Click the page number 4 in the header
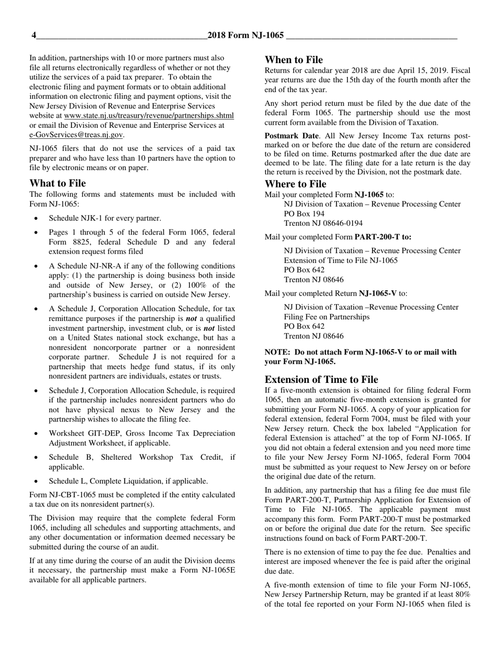[x=34, y=36]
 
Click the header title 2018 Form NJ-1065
[x=245, y=36]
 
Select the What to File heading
[x=57, y=183]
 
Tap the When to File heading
[x=294, y=60]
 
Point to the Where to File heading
[x=295, y=184]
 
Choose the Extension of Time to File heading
[x=321, y=379]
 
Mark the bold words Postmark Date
[x=291, y=136]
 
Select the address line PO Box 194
[x=304, y=214]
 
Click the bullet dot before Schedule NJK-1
[x=36, y=218]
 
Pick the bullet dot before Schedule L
[x=36, y=481]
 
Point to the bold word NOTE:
[x=277, y=352]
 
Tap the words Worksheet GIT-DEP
[x=82, y=433]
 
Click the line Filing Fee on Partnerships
[x=326, y=317]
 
